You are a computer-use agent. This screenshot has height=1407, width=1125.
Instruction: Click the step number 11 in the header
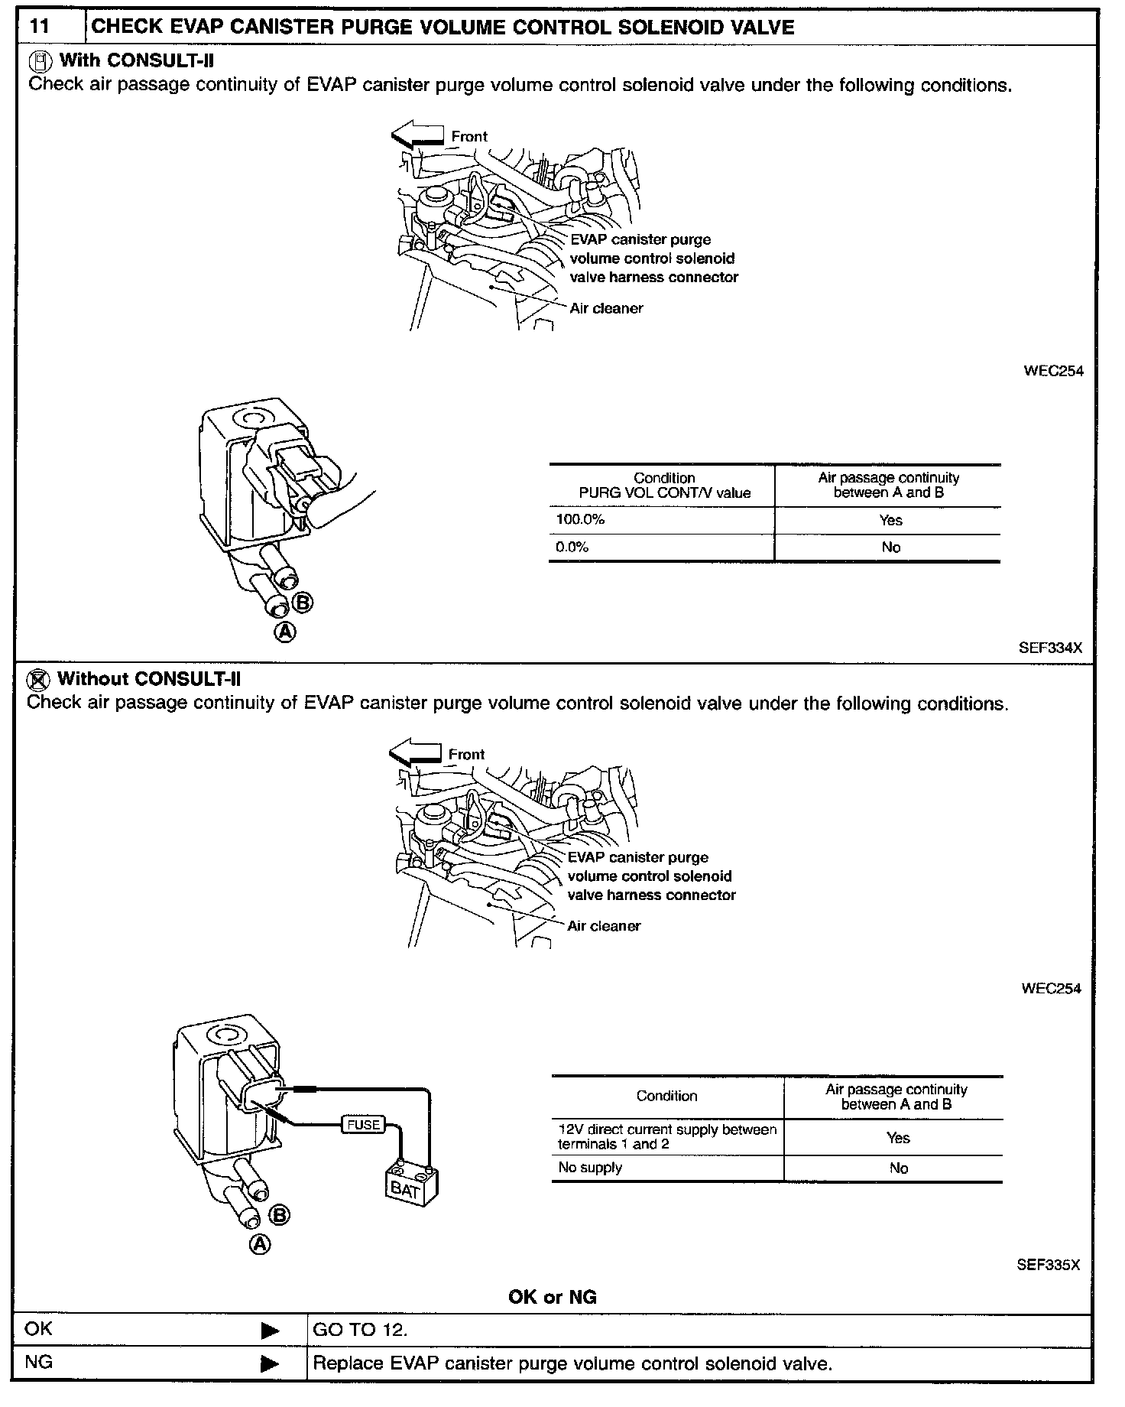pyautogui.click(x=39, y=27)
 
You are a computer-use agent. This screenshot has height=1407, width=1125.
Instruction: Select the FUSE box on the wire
pyautogui.click(x=363, y=1125)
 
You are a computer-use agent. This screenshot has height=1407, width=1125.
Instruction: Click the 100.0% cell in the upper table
pyautogui.click(x=581, y=520)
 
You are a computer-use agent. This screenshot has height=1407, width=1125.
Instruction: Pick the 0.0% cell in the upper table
pyautogui.click(x=572, y=548)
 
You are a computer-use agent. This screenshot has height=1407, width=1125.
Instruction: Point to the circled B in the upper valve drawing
pyautogui.click(x=303, y=603)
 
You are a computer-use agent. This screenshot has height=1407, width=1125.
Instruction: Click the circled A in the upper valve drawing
pyautogui.click(x=284, y=632)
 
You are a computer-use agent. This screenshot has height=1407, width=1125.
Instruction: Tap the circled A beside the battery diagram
pyautogui.click(x=261, y=1244)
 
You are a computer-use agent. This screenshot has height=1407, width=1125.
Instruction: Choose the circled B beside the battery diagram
pyautogui.click(x=280, y=1214)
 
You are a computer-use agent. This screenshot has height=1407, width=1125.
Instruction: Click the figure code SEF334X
pyautogui.click(x=1050, y=648)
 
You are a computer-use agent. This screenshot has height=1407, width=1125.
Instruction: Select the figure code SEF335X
pyautogui.click(x=1048, y=1265)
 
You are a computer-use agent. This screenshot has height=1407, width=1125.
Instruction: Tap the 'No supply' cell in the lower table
pyautogui.click(x=590, y=1168)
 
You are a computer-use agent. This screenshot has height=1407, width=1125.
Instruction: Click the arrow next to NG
pyautogui.click(x=270, y=1363)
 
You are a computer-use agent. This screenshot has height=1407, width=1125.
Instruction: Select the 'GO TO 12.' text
pyautogui.click(x=360, y=1330)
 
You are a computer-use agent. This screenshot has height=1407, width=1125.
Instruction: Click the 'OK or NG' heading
pyautogui.click(x=552, y=1297)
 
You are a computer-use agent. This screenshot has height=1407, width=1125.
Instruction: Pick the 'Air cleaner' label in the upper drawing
pyautogui.click(x=606, y=308)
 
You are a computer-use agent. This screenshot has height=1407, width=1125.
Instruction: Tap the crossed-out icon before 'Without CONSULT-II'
pyautogui.click(x=38, y=679)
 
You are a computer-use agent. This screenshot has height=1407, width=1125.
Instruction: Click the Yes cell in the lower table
pyautogui.click(x=898, y=1138)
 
